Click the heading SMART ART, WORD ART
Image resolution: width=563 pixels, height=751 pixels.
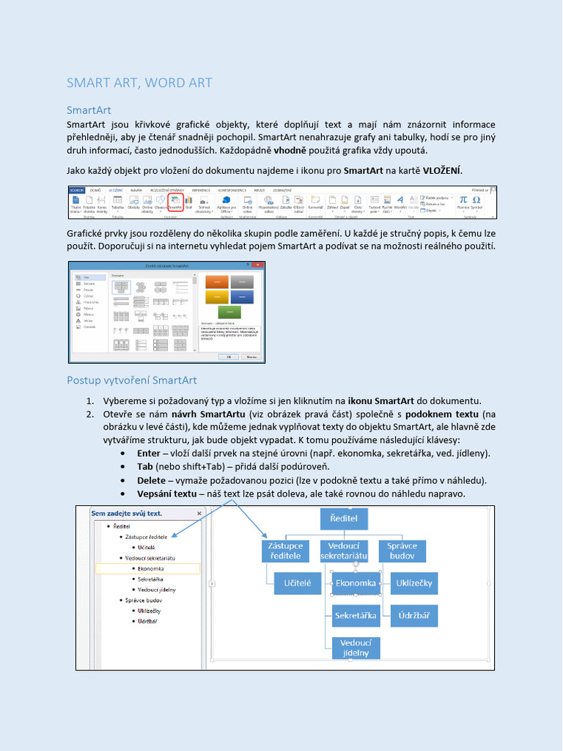click(x=139, y=83)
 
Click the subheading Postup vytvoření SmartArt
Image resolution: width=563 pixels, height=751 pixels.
click(x=131, y=381)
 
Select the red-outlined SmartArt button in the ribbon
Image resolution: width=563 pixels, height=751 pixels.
click(x=175, y=202)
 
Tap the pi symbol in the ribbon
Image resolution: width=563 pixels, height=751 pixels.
click(x=463, y=200)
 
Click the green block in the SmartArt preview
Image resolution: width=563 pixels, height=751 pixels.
click(x=229, y=311)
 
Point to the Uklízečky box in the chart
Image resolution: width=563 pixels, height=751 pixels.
click(x=414, y=584)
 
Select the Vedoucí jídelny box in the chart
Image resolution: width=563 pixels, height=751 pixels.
click(x=356, y=648)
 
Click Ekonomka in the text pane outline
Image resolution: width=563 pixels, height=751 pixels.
click(x=150, y=568)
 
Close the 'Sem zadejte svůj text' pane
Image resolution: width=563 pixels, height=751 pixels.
click(x=199, y=513)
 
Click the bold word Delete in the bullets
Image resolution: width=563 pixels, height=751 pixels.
click(x=151, y=480)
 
